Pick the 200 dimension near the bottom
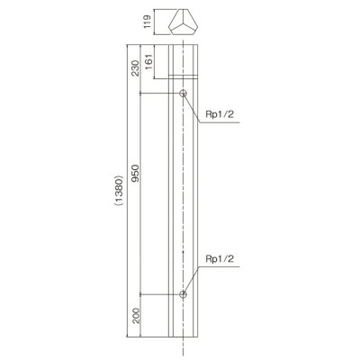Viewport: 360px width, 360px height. tap(135, 315)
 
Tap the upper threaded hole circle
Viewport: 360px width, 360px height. tap(183, 93)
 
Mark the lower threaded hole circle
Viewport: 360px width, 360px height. tap(183, 294)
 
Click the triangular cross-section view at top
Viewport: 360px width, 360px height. tap(184, 22)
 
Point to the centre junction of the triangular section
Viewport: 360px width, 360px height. tap(184, 24)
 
